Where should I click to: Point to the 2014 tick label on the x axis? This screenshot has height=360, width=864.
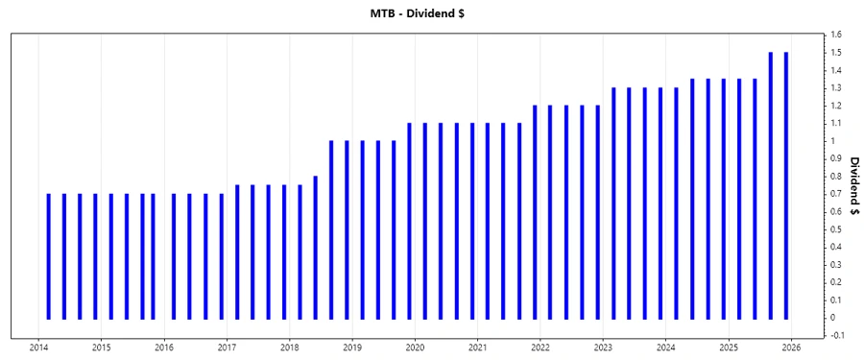click(39, 348)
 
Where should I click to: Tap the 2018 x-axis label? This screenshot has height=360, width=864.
click(290, 348)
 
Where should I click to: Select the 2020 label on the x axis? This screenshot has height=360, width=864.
click(415, 348)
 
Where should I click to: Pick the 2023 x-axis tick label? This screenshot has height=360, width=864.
click(603, 348)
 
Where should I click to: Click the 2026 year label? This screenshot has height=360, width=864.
click(791, 348)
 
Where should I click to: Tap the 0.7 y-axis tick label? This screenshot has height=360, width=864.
click(835, 194)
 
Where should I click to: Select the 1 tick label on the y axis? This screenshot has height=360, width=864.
click(832, 141)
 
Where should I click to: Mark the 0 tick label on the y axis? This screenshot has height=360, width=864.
click(832, 318)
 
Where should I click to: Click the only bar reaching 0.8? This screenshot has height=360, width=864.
click(315, 247)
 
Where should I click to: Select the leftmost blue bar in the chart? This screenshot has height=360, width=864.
click(48, 255)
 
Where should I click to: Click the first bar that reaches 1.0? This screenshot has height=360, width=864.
click(331, 229)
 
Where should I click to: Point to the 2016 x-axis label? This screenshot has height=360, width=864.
click(164, 348)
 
